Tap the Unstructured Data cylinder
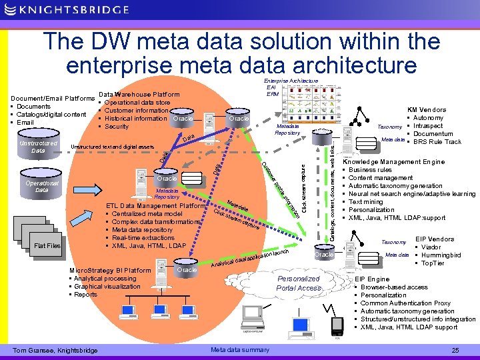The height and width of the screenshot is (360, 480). point(38,147)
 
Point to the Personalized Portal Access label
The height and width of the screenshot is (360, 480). point(299,283)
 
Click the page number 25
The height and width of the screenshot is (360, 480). point(455,350)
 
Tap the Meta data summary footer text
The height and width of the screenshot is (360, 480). point(239,350)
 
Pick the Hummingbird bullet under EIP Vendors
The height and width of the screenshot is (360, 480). point(440,255)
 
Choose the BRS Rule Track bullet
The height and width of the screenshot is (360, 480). point(437,141)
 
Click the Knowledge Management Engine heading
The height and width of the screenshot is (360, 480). point(393,162)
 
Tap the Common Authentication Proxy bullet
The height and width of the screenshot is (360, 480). point(405,303)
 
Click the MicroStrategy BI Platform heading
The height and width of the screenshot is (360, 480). point(110,270)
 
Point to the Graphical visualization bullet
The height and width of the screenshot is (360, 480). point(107,287)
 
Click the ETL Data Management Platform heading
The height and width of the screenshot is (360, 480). point(155,206)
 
